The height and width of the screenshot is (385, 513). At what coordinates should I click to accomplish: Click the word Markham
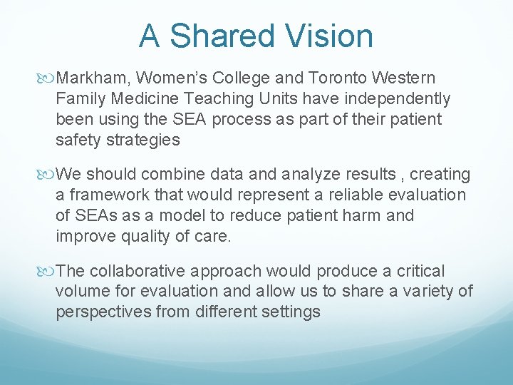pyautogui.click(x=93, y=77)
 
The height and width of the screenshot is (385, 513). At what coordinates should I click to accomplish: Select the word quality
pyautogui.click(x=143, y=236)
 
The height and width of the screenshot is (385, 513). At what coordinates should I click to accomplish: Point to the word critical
pyautogui.click(x=419, y=271)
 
